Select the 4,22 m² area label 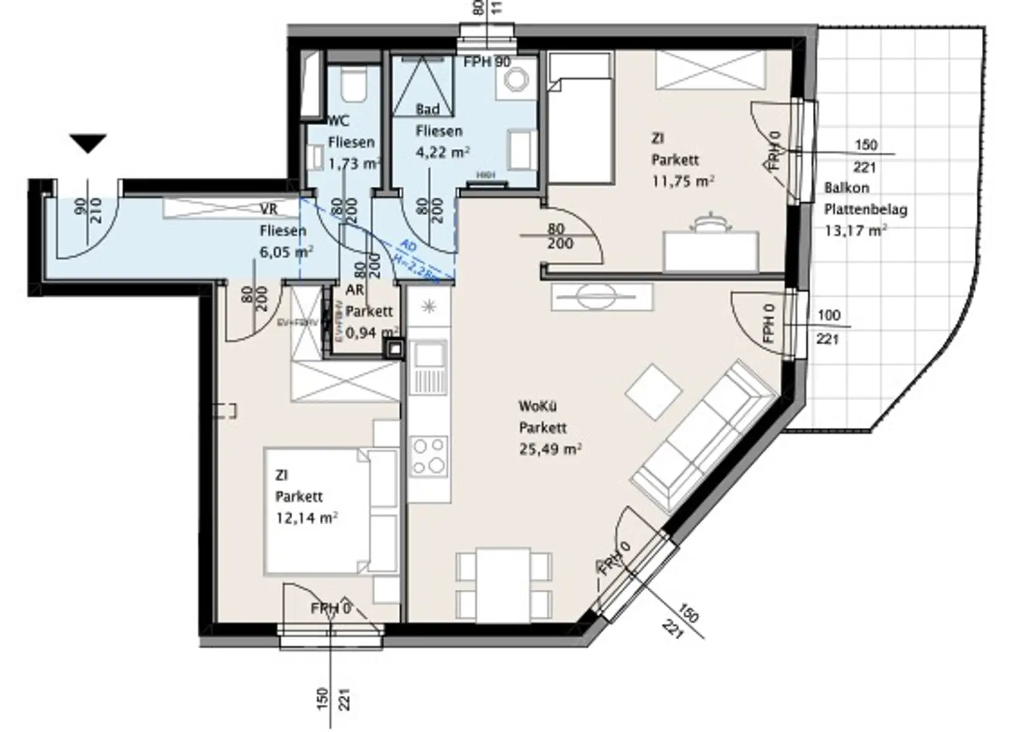point(442,153)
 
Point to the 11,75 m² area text point(683,181)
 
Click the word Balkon point(846,188)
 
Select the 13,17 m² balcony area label point(855,230)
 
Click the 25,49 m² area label point(550,450)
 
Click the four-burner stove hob point(428,456)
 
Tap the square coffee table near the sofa point(653,392)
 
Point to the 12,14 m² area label point(307,518)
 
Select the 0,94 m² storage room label point(371,332)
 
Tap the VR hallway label point(269,209)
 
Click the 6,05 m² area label point(286,251)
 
